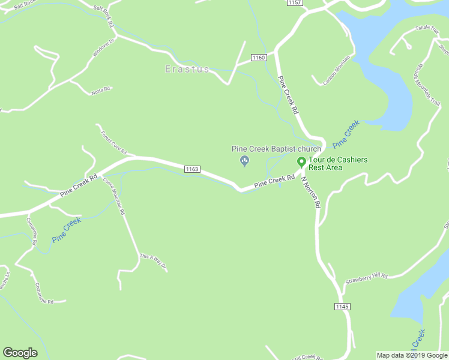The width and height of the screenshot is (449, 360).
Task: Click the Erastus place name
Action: pos(187,70)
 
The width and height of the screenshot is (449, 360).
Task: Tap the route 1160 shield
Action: pos(258,57)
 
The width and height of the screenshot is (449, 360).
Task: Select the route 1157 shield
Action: pos(294,3)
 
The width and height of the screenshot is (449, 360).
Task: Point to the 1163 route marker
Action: pos(192,169)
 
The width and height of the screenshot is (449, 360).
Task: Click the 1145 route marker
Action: pos(342,307)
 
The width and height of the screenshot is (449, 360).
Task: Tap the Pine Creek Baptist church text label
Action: pos(277,149)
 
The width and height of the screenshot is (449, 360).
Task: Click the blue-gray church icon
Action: pos(244,160)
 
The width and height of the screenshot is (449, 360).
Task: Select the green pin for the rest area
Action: pos(301,162)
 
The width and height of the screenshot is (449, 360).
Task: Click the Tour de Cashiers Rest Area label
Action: pos(338,163)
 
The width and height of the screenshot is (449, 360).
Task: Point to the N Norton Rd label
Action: pos(312,192)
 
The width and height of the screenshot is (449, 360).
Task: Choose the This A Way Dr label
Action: pos(152,261)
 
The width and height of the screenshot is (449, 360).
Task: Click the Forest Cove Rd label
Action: pos(113,142)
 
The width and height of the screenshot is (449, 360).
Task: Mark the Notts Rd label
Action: pos(101,90)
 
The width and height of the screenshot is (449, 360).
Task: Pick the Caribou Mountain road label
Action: pos(337,71)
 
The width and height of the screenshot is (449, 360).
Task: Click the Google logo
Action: pos(20,353)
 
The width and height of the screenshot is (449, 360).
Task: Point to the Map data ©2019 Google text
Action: pos(412,355)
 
